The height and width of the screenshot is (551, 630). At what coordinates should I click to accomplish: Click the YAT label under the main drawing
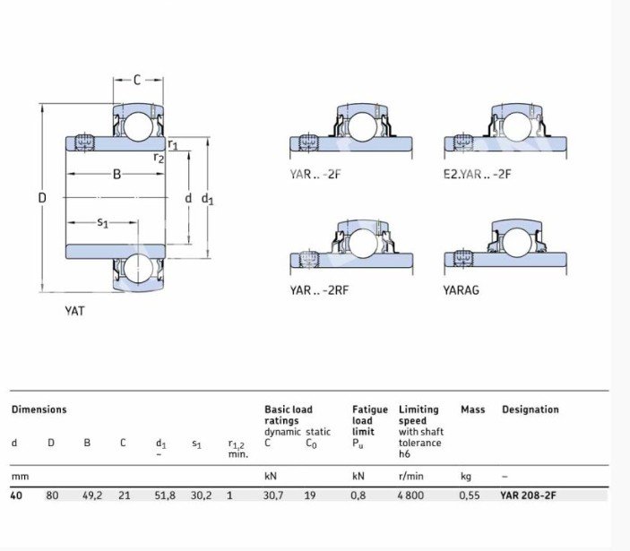74,311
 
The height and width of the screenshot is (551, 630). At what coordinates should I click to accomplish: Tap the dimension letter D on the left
42,198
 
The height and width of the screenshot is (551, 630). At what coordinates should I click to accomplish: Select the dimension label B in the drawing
117,174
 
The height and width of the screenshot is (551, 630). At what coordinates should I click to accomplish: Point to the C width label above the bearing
137,81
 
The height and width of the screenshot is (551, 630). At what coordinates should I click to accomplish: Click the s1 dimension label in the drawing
103,222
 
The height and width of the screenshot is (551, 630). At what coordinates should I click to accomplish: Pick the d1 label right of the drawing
207,198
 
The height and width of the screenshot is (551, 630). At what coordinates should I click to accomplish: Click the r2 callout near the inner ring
160,158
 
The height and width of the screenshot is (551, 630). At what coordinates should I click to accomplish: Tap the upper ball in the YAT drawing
138,126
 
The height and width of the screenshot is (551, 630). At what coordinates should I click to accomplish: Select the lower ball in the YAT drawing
138,268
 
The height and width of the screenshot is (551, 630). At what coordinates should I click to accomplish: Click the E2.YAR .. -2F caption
478,175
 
